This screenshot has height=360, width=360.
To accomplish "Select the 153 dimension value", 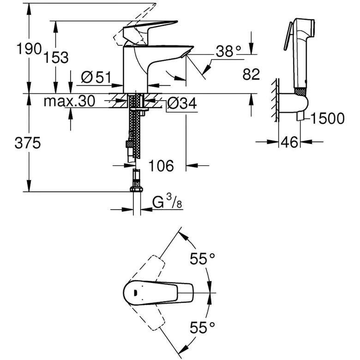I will (57, 57).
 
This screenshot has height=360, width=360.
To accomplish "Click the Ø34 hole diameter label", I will (181, 103).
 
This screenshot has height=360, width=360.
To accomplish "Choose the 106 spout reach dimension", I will (161, 165).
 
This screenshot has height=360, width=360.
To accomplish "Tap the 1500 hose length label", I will (327, 119).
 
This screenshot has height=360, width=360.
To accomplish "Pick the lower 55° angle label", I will (203, 328).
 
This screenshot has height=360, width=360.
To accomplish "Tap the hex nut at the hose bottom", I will (137, 190).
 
